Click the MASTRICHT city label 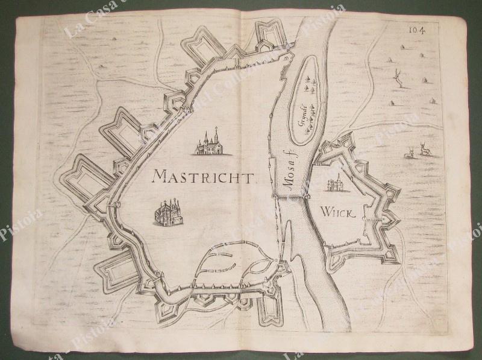[x=205, y=176]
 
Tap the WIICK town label [x=336, y=211]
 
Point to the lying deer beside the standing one [x=409, y=154]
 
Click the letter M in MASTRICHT [x=160, y=176]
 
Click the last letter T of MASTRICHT [x=252, y=177]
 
